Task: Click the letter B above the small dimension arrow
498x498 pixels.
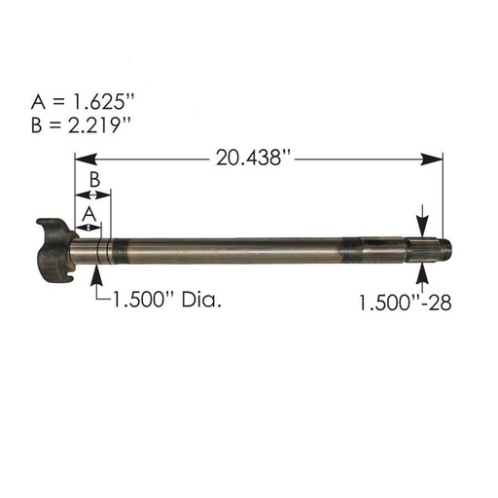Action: click(93, 179)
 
